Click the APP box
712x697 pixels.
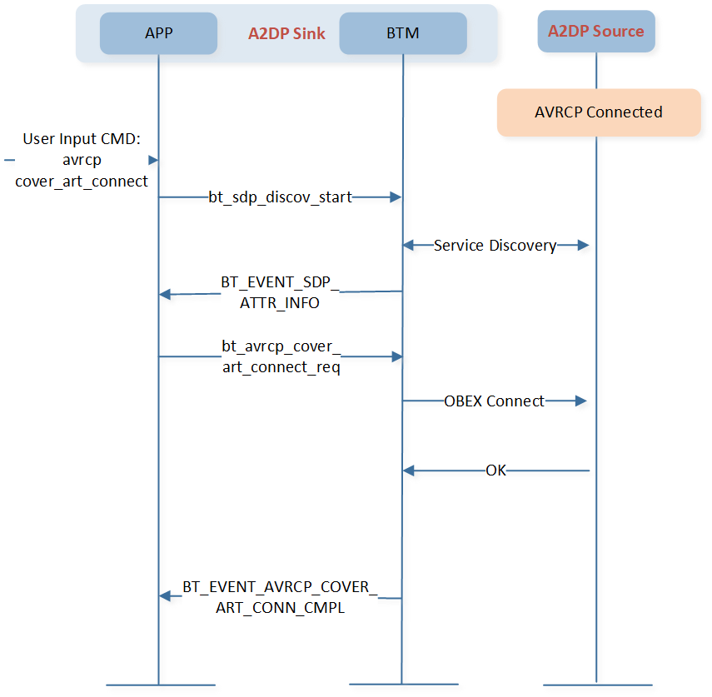point(158,33)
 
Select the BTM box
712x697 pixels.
point(402,33)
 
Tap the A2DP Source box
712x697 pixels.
point(595,32)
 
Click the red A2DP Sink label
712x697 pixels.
point(286,34)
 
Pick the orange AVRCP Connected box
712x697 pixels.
point(598,112)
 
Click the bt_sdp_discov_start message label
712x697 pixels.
point(281,197)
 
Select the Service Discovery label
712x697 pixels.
point(495,246)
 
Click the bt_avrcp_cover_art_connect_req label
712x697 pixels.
point(281,356)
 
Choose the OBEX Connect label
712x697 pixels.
point(494,401)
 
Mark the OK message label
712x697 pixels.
point(495,471)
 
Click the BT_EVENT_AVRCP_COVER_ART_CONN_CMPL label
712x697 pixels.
point(280,597)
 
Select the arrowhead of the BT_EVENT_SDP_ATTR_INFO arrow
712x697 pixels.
point(165,294)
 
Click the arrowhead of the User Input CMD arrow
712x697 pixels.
point(153,159)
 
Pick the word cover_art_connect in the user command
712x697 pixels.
point(82,181)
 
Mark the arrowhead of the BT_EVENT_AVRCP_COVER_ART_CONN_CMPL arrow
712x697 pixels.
point(165,595)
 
